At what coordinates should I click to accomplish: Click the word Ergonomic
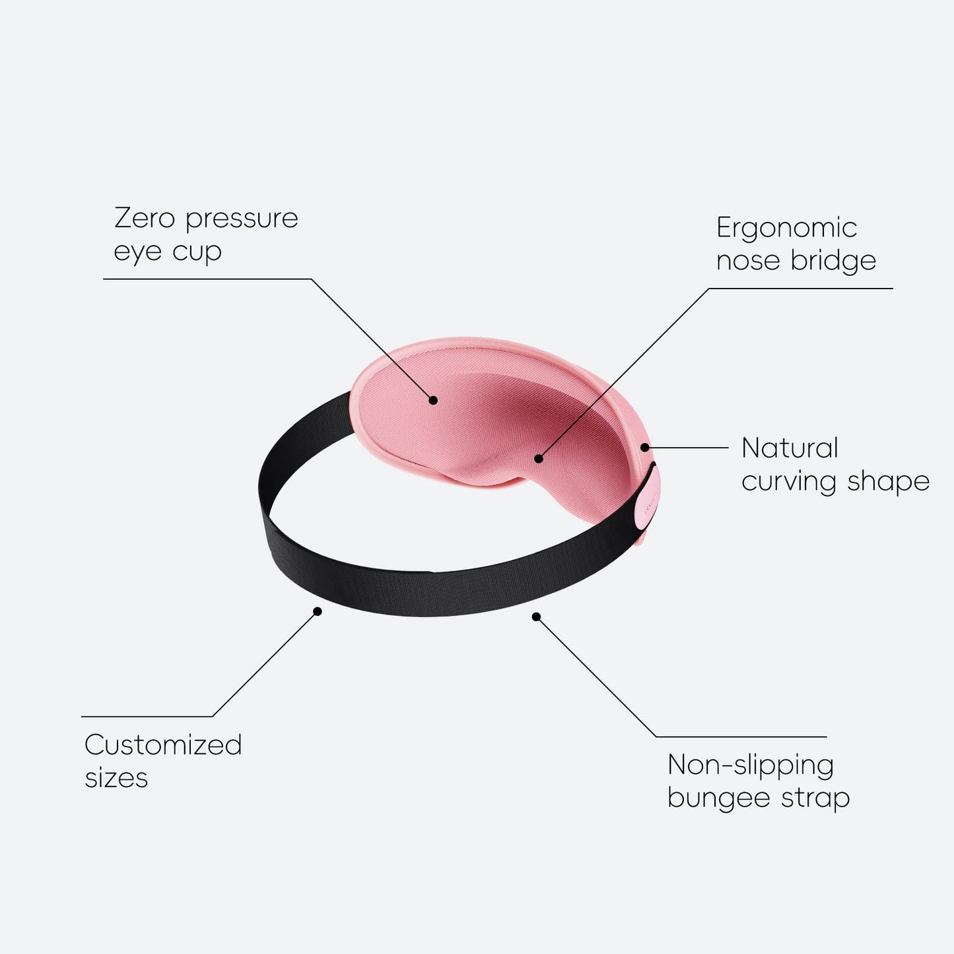click(786, 229)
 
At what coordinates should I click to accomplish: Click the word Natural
click(790, 448)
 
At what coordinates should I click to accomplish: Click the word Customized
click(163, 745)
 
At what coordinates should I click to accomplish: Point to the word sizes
click(116, 778)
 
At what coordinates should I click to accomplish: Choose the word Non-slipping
click(751, 766)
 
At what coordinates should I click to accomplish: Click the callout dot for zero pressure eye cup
click(433, 399)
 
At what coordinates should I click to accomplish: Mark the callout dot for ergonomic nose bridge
click(539, 458)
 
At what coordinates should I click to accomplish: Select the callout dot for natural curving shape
click(644, 448)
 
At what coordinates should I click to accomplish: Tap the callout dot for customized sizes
click(318, 611)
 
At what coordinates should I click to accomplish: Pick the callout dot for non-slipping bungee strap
click(536, 617)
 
